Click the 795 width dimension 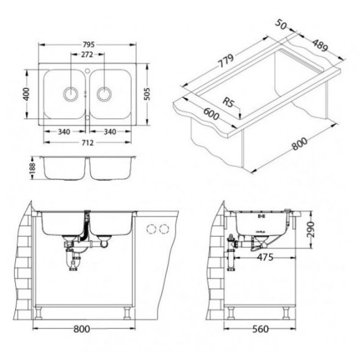pyautogui.click(x=88, y=44)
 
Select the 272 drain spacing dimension pyautogui.click(x=87, y=54)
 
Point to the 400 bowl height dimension pyautogui.click(x=27, y=94)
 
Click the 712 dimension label pyautogui.click(x=87, y=143)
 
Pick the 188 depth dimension pyautogui.click(x=32, y=168)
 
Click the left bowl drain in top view pyautogui.click(x=71, y=94)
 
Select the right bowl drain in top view pyautogui.click(x=104, y=94)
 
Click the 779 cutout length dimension pyautogui.click(x=226, y=61)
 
